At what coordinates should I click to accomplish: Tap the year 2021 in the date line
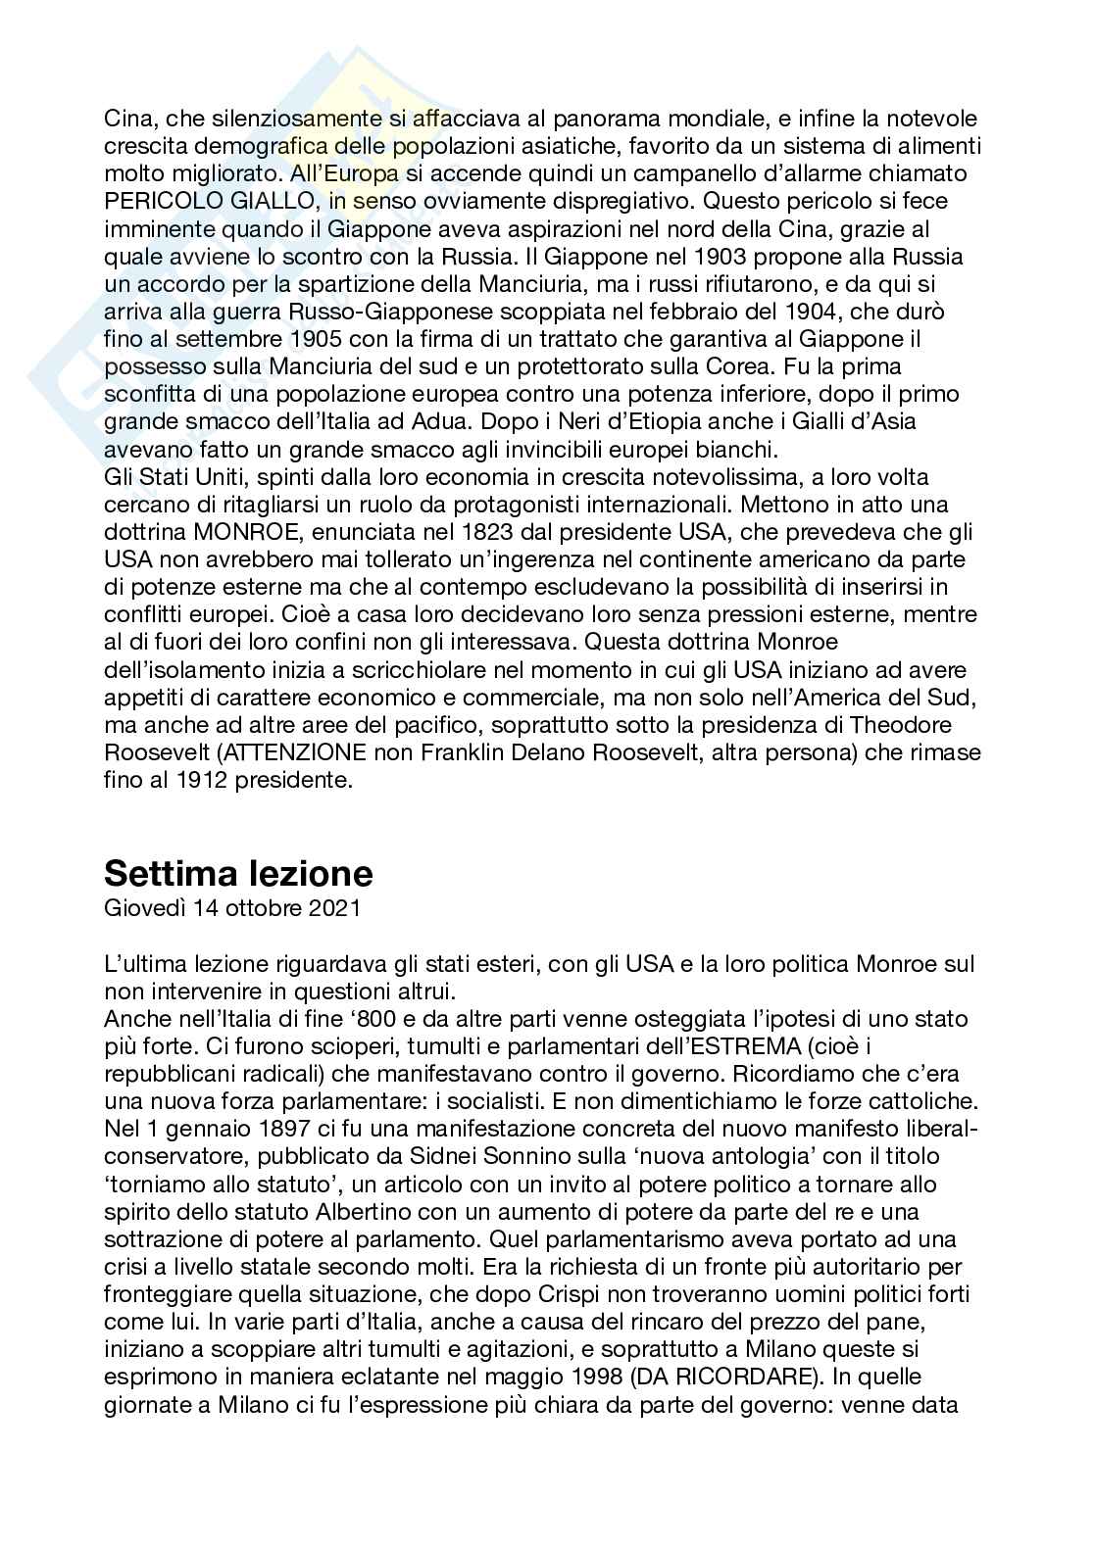tap(334, 907)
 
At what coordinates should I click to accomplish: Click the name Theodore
tap(915, 726)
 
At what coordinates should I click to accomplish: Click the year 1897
tap(273, 1154)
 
